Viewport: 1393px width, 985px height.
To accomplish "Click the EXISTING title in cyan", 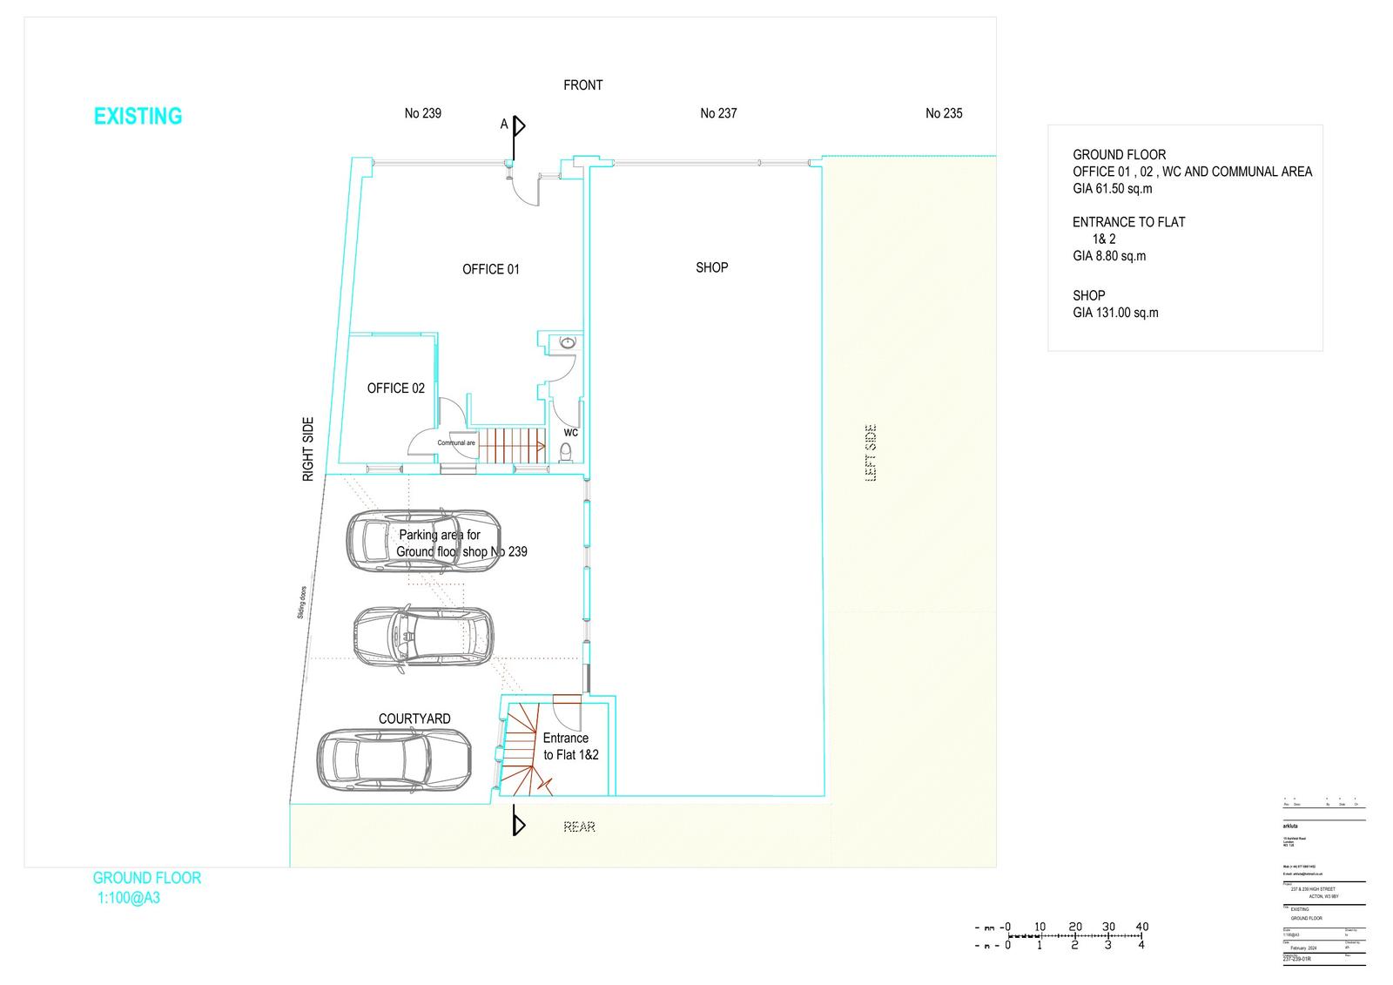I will click(x=138, y=116).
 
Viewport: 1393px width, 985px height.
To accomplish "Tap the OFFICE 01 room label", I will click(x=490, y=269).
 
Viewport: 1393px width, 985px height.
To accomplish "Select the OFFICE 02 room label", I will click(x=395, y=388).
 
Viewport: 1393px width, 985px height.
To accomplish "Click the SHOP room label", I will click(x=711, y=267).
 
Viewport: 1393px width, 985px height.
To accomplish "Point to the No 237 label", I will click(x=718, y=113).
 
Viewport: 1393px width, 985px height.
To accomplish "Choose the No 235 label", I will click(x=944, y=113).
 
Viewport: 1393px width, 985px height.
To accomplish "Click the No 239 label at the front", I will click(x=422, y=113).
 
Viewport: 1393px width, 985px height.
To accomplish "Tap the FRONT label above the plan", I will click(x=582, y=85).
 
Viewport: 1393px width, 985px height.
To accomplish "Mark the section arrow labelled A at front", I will click(x=518, y=126).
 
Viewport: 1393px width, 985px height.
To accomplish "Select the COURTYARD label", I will click(x=414, y=719).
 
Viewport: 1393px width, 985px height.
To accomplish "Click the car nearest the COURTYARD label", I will click(x=394, y=759).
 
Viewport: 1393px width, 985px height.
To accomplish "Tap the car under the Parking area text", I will click(x=424, y=540).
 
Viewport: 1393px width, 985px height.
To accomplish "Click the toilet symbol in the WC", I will click(x=565, y=451).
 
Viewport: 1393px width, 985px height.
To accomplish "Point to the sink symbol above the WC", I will click(x=569, y=342).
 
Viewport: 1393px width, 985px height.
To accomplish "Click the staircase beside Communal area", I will click(x=514, y=445).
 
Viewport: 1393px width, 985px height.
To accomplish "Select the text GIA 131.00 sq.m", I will click(x=1115, y=313).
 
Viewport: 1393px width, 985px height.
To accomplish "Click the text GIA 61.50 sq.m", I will click(x=1112, y=188).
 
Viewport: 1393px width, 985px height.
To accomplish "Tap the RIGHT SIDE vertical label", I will click(x=307, y=449).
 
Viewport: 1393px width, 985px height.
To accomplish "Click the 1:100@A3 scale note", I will click(x=129, y=898).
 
